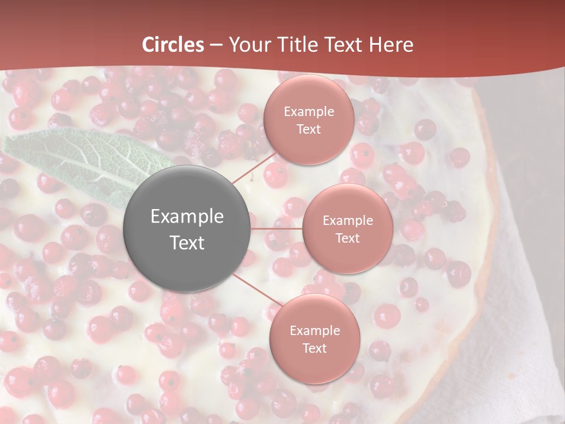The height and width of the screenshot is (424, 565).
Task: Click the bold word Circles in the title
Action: pyautogui.click(x=173, y=45)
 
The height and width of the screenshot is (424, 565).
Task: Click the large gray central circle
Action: pyautogui.click(x=187, y=229)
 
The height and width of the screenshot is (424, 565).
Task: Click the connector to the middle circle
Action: pyautogui.click(x=277, y=228)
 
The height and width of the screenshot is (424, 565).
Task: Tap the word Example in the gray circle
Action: pyautogui.click(x=187, y=217)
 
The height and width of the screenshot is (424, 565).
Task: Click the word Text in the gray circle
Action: pyautogui.click(x=187, y=243)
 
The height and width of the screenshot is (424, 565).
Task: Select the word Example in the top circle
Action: pyautogui.click(x=308, y=112)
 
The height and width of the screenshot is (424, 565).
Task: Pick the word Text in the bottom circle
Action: pyautogui.click(x=314, y=349)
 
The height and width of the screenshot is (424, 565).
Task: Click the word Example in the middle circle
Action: pyautogui.click(x=347, y=221)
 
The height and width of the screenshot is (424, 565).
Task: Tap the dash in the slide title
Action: pyautogui.click(x=215, y=45)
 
